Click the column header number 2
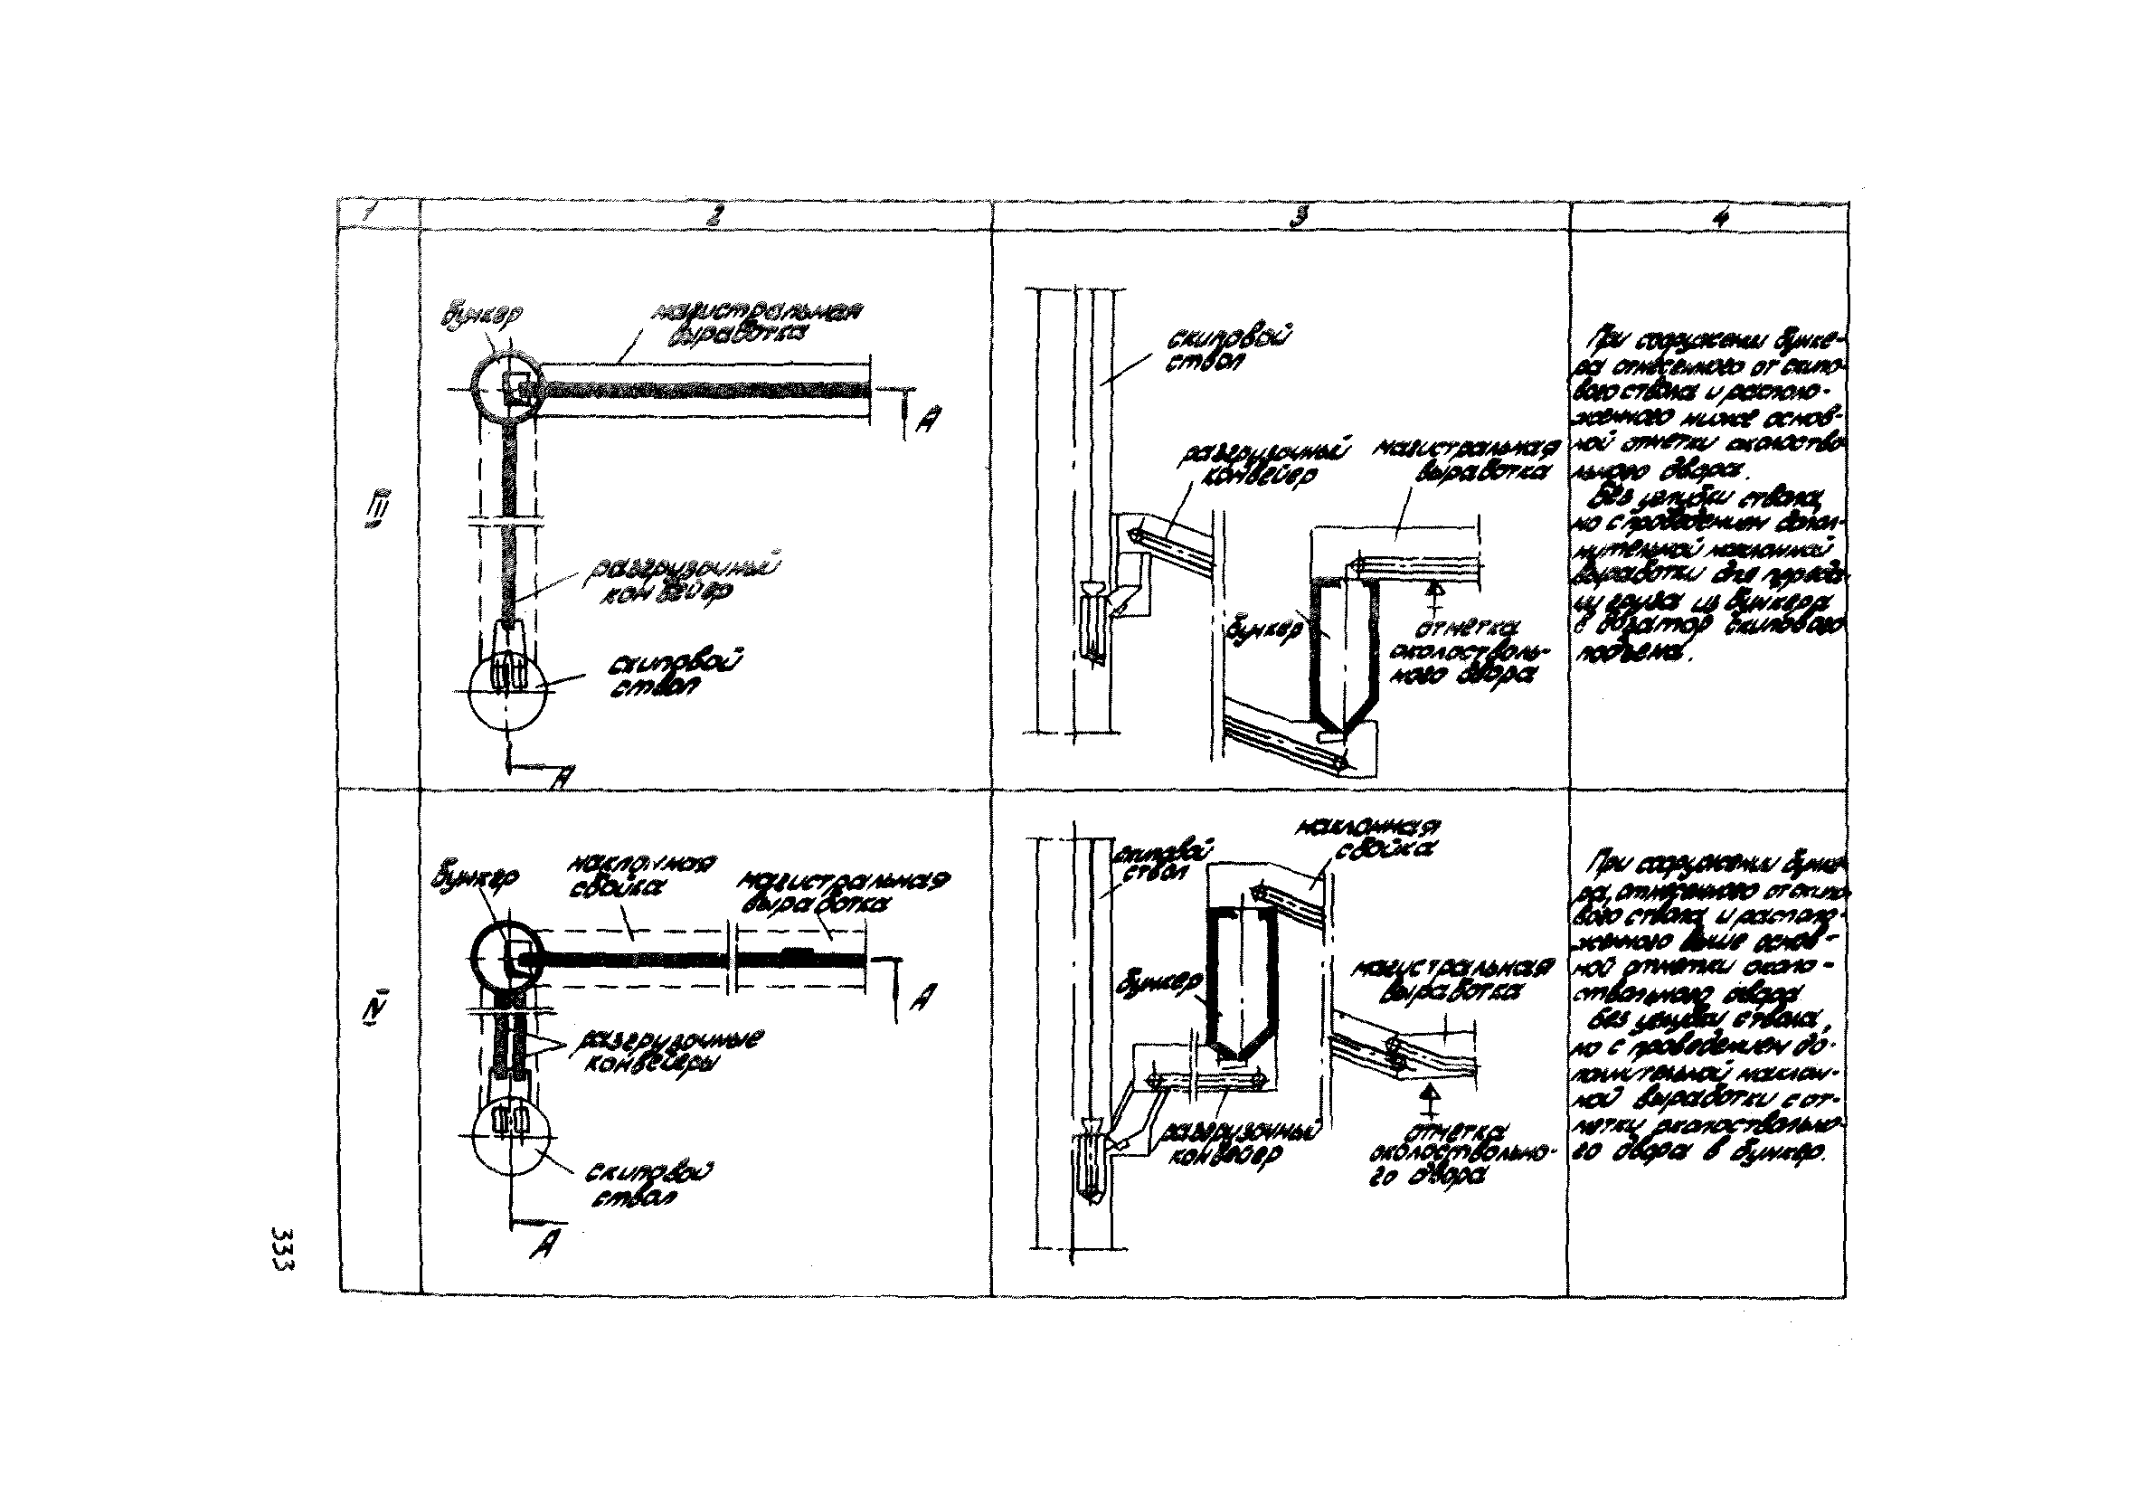(x=711, y=215)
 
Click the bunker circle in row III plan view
(x=505, y=388)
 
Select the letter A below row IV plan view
(x=540, y=1248)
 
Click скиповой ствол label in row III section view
(x=1201, y=352)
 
